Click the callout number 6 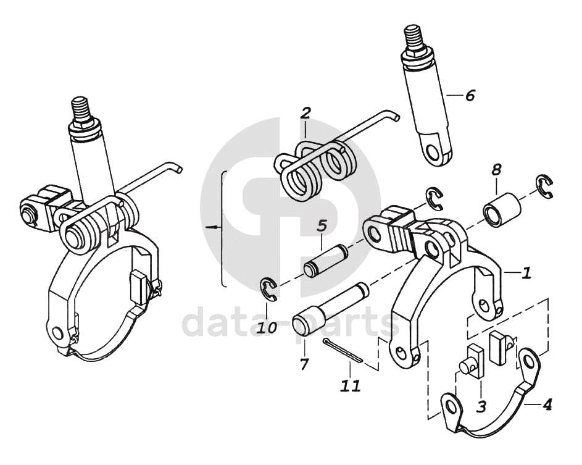click(470, 96)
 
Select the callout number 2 click(306, 113)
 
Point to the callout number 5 click(322, 225)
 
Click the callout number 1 click(525, 272)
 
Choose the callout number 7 click(304, 364)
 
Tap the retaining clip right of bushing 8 click(544, 187)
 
